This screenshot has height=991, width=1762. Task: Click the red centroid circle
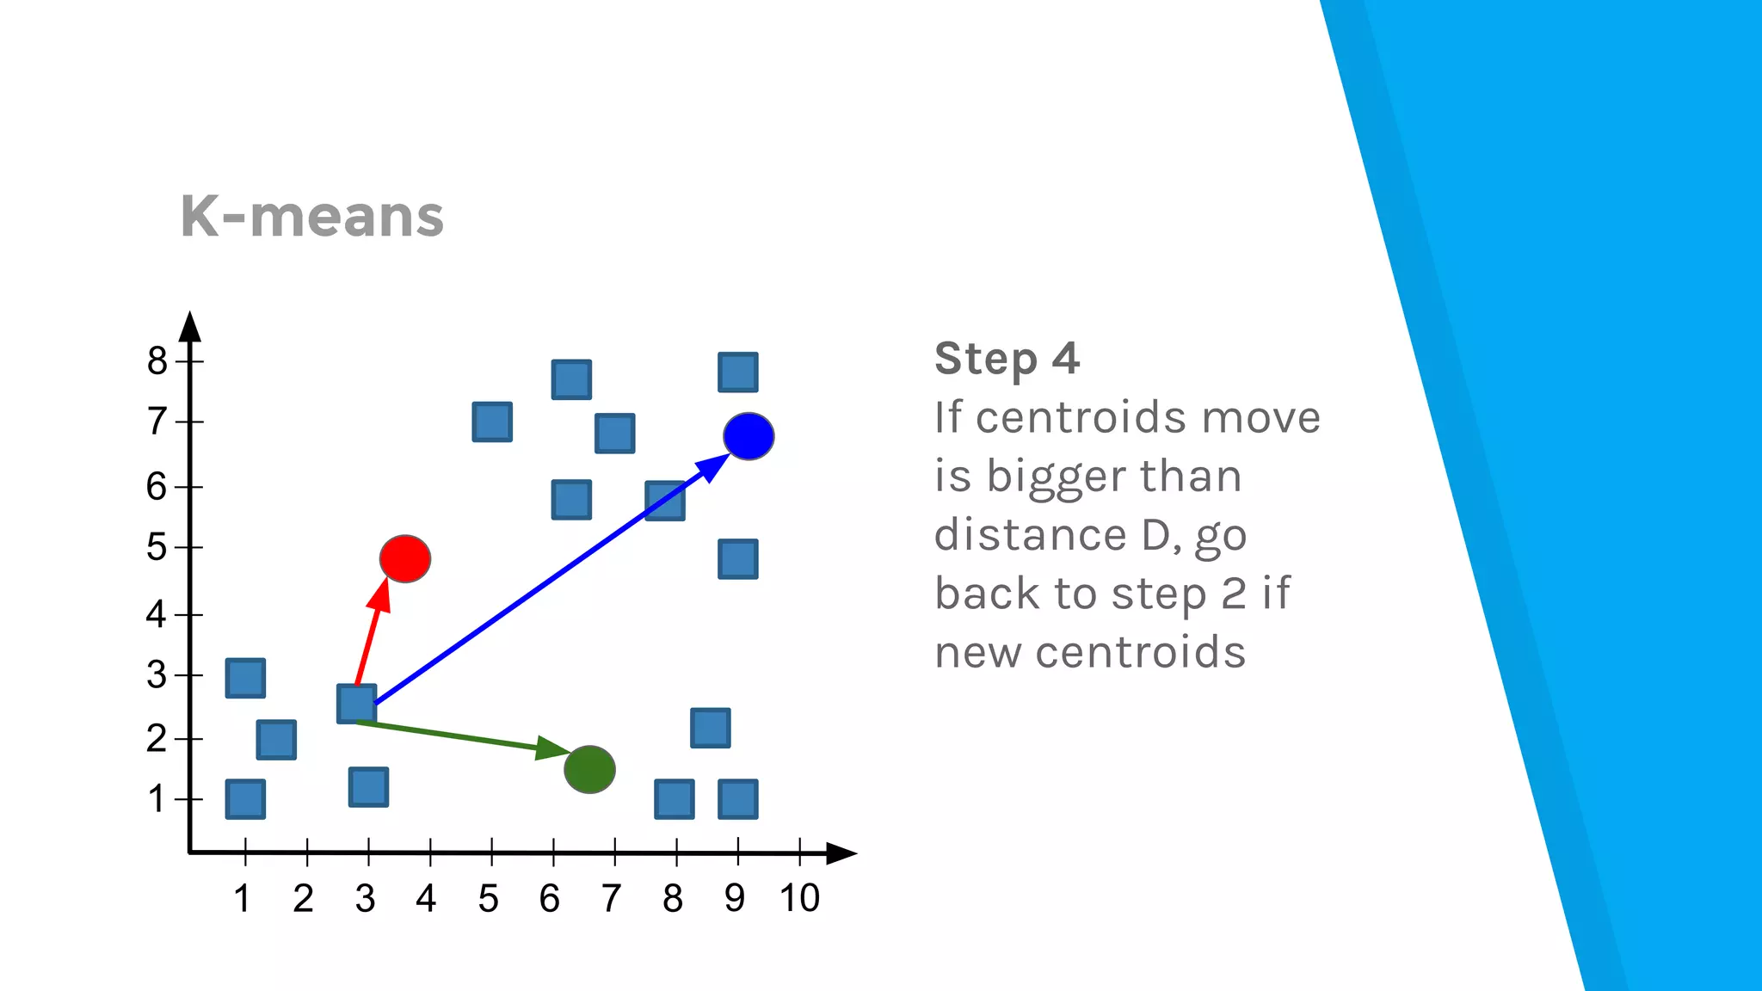click(x=405, y=559)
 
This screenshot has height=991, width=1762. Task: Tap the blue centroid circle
click(x=749, y=436)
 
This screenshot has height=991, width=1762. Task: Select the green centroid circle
click(x=589, y=769)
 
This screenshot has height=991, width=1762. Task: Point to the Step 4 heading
click(x=1007, y=359)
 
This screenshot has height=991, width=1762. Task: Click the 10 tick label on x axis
click(x=799, y=898)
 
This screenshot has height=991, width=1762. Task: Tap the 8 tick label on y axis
click(x=157, y=360)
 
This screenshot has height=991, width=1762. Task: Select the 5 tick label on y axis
click(x=157, y=547)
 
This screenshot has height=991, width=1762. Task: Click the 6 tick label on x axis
click(x=549, y=898)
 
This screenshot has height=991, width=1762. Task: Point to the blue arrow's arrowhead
click(x=712, y=468)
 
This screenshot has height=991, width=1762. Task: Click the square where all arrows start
click(x=356, y=704)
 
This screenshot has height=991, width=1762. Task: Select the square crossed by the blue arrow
click(x=665, y=501)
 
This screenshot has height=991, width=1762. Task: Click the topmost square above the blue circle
click(x=738, y=372)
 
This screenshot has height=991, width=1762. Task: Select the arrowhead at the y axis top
click(x=190, y=327)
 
